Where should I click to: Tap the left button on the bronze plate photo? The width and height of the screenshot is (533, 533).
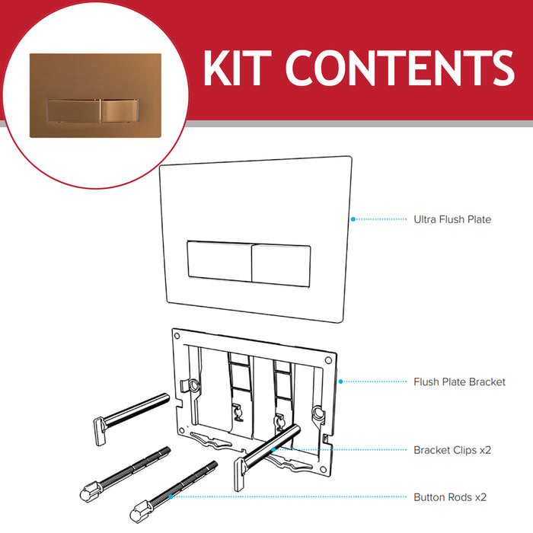71,110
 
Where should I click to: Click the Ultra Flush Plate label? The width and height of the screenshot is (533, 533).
452,219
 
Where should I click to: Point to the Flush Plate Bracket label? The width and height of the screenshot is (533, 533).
459,381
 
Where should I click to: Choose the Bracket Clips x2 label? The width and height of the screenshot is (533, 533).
452,450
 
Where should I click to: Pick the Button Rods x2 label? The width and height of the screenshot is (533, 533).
449,497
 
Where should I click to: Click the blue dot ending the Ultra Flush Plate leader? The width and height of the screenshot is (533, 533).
352,219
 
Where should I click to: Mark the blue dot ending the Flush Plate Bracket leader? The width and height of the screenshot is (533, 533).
340,381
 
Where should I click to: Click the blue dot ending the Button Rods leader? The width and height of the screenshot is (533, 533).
173,496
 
